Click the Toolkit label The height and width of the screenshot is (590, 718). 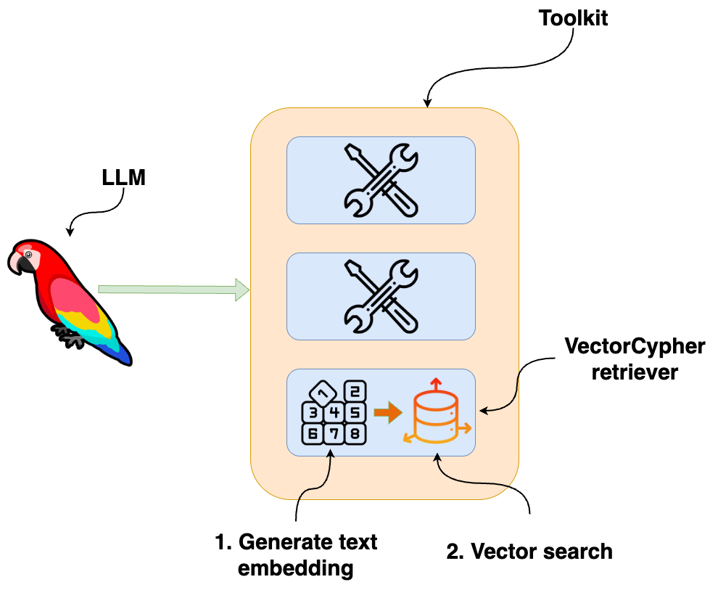click(x=573, y=18)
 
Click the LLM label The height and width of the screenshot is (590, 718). click(x=123, y=178)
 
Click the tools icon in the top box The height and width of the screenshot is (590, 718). click(x=381, y=180)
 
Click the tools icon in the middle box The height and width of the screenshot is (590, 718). click(x=381, y=296)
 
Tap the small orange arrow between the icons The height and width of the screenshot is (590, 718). click(x=387, y=413)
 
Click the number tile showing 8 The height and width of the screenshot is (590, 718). click(x=354, y=434)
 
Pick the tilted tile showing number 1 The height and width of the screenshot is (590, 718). click(x=323, y=394)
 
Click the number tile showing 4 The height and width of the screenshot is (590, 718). click(x=334, y=414)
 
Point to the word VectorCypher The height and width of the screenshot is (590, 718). click(x=635, y=347)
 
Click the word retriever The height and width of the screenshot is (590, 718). click(x=635, y=372)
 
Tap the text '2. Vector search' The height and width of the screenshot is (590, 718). click(x=529, y=552)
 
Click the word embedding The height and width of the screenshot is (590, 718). click(x=296, y=568)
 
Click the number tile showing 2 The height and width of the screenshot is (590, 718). click(x=354, y=392)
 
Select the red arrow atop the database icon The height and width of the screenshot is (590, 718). click(x=435, y=382)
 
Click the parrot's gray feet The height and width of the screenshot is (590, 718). click(x=69, y=335)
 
